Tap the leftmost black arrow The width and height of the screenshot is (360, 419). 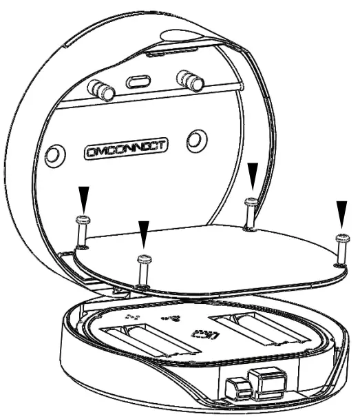(x=83, y=198)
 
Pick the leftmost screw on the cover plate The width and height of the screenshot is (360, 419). (x=82, y=228)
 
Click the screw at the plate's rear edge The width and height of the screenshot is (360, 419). (x=251, y=210)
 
